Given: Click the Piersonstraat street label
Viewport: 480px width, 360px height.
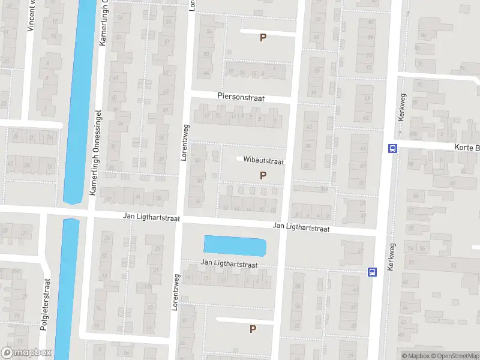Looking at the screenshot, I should (241, 97).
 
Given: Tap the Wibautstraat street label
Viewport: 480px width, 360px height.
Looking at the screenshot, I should (263, 161).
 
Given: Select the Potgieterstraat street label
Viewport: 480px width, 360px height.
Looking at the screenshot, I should (44, 306).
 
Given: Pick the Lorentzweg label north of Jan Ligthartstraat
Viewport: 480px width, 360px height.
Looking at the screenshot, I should (185, 142).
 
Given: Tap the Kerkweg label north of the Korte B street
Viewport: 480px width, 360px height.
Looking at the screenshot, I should (400, 108).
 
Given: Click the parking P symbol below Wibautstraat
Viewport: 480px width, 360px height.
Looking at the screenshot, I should (262, 175).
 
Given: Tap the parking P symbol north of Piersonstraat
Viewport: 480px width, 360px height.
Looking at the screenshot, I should (262, 38).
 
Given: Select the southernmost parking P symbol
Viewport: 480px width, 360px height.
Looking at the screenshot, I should (253, 329).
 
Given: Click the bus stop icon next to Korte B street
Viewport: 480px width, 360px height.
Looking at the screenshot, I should (392, 148).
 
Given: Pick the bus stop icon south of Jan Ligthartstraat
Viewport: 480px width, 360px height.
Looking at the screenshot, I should (373, 272).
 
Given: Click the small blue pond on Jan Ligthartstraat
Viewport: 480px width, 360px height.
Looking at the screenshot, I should (235, 245).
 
